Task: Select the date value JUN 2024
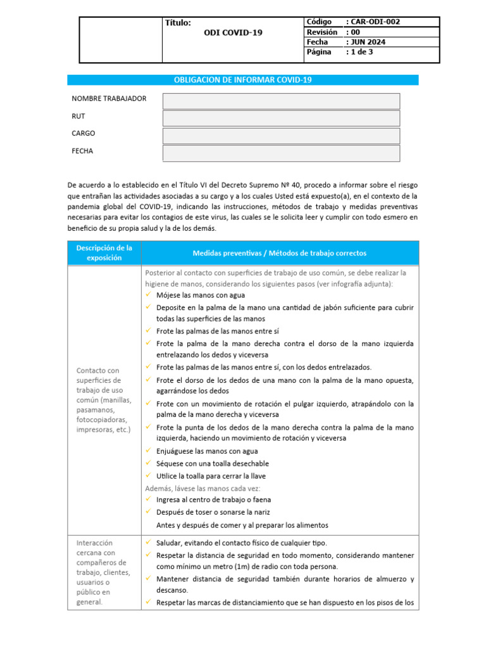pos(368,42)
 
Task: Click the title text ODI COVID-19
pos(233,33)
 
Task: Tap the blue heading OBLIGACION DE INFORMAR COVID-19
pos(242,80)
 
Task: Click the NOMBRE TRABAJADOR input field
pos(281,101)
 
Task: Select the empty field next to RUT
pos(281,119)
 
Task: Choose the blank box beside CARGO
pos(281,136)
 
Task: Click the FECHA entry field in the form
pos(281,153)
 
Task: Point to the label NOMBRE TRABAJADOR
pos(109,99)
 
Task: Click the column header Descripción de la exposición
pos(104,253)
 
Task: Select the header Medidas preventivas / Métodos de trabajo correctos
pos(279,253)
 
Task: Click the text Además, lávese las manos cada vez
pos(202,488)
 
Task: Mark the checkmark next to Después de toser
pos(147,512)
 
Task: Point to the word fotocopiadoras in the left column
pos(101,420)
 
